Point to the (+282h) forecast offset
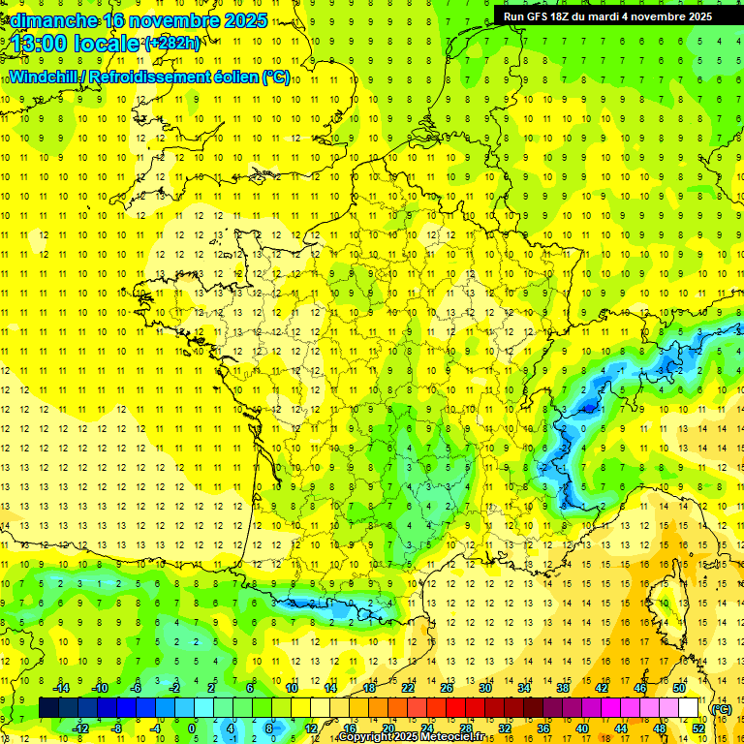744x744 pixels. click(172, 44)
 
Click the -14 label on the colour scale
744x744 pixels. click(61, 688)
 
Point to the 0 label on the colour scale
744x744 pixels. click(192, 728)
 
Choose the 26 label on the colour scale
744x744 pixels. click(446, 688)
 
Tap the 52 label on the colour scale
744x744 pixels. click(697, 728)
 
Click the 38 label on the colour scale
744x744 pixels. click(562, 688)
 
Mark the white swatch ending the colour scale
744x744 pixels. click(688, 708)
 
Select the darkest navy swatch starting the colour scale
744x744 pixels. click(48, 708)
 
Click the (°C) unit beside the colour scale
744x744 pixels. click(721, 708)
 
